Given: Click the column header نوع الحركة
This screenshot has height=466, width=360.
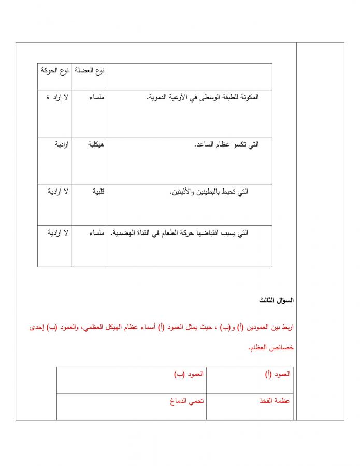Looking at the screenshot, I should (x=55, y=70).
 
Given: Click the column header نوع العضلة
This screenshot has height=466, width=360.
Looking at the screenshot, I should (x=90, y=70).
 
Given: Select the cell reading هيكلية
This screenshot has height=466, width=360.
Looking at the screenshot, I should (x=96, y=144).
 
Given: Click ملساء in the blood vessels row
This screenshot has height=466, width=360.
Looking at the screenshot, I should (x=97, y=97).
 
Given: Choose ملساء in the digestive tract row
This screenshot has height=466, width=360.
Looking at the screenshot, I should (x=97, y=233).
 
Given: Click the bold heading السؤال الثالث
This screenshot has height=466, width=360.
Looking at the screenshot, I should (x=277, y=300).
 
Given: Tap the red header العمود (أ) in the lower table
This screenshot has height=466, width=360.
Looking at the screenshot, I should (x=278, y=374).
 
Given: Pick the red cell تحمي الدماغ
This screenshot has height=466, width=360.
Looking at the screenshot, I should (x=186, y=401).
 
